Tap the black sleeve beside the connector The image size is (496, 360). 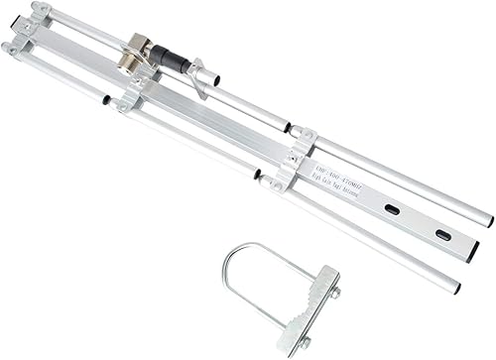177,61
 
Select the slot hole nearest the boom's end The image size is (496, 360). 441,235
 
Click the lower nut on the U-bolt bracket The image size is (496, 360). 306,340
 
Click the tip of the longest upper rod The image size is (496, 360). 487,216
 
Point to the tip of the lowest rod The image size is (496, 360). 455,288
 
